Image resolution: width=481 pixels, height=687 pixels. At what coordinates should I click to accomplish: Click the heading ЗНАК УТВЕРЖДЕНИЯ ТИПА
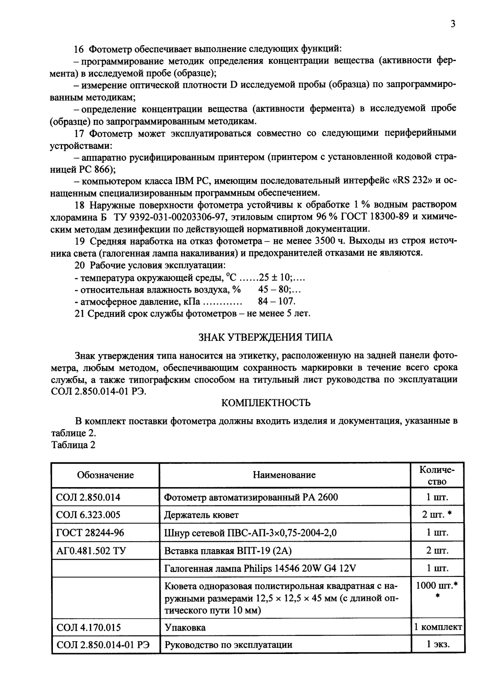[266, 337]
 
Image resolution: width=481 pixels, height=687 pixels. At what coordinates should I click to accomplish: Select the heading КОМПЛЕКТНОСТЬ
[266, 403]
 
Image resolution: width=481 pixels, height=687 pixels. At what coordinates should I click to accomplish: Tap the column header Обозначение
[105, 475]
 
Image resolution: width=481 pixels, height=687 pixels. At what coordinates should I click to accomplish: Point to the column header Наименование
[284, 475]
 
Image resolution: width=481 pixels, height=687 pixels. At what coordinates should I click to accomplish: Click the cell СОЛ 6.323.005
[89, 515]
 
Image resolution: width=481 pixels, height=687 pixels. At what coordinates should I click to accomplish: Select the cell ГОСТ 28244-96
[90, 532]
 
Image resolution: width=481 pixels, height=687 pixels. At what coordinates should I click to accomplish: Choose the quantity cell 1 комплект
[437, 627]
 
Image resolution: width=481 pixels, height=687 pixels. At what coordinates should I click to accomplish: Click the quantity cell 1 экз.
[437, 645]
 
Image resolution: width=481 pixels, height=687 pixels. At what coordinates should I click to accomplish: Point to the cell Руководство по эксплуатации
[228, 645]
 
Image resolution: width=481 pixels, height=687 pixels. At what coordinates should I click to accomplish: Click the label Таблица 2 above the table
[74, 444]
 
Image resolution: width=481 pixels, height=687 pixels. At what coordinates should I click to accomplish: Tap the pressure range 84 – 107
[276, 302]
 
